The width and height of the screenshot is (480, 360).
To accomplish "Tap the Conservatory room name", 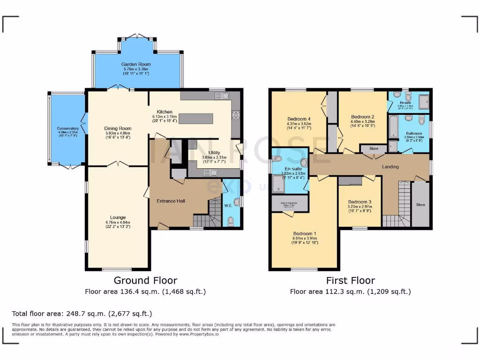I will pyautogui.click(x=68, y=128).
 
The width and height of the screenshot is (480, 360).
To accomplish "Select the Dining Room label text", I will pyautogui.click(x=118, y=128).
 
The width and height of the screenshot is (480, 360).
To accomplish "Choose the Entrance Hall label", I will pyautogui.click(x=171, y=201).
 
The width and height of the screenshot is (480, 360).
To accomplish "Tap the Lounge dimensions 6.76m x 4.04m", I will pyautogui.click(x=118, y=222).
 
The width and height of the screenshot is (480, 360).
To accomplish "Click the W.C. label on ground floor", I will pyautogui.click(x=228, y=205).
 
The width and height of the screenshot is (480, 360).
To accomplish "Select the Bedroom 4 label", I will pyautogui.click(x=299, y=119).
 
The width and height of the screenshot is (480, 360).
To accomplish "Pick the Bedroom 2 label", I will pyautogui.click(x=362, y=117).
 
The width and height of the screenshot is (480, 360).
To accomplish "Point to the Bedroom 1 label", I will pyautogui.click(x=305, y=233).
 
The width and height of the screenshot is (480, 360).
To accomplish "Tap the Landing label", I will pyautogui.click(x=390, y=167).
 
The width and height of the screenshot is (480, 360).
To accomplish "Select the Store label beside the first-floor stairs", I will pyautogui.click(x=420, y=205).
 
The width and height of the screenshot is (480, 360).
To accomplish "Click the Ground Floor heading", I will pyautogui.click(x=145, y=280).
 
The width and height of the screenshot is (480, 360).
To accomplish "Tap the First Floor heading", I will pyautogui.click(x=350, y=280).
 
